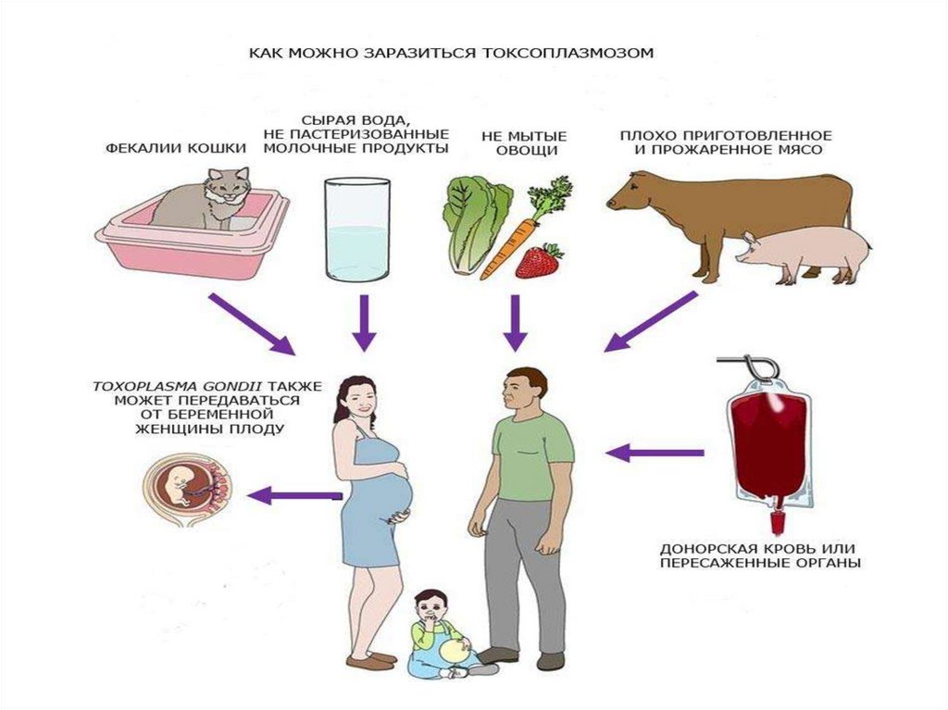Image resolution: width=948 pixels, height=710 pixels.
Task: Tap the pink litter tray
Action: [x=190, y=245]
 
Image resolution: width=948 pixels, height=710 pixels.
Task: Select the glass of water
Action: [x=356, y=230]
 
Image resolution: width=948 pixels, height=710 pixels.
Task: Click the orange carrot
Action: [x=507, y=245]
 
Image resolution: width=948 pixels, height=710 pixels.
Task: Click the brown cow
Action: [x=731, y=208]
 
